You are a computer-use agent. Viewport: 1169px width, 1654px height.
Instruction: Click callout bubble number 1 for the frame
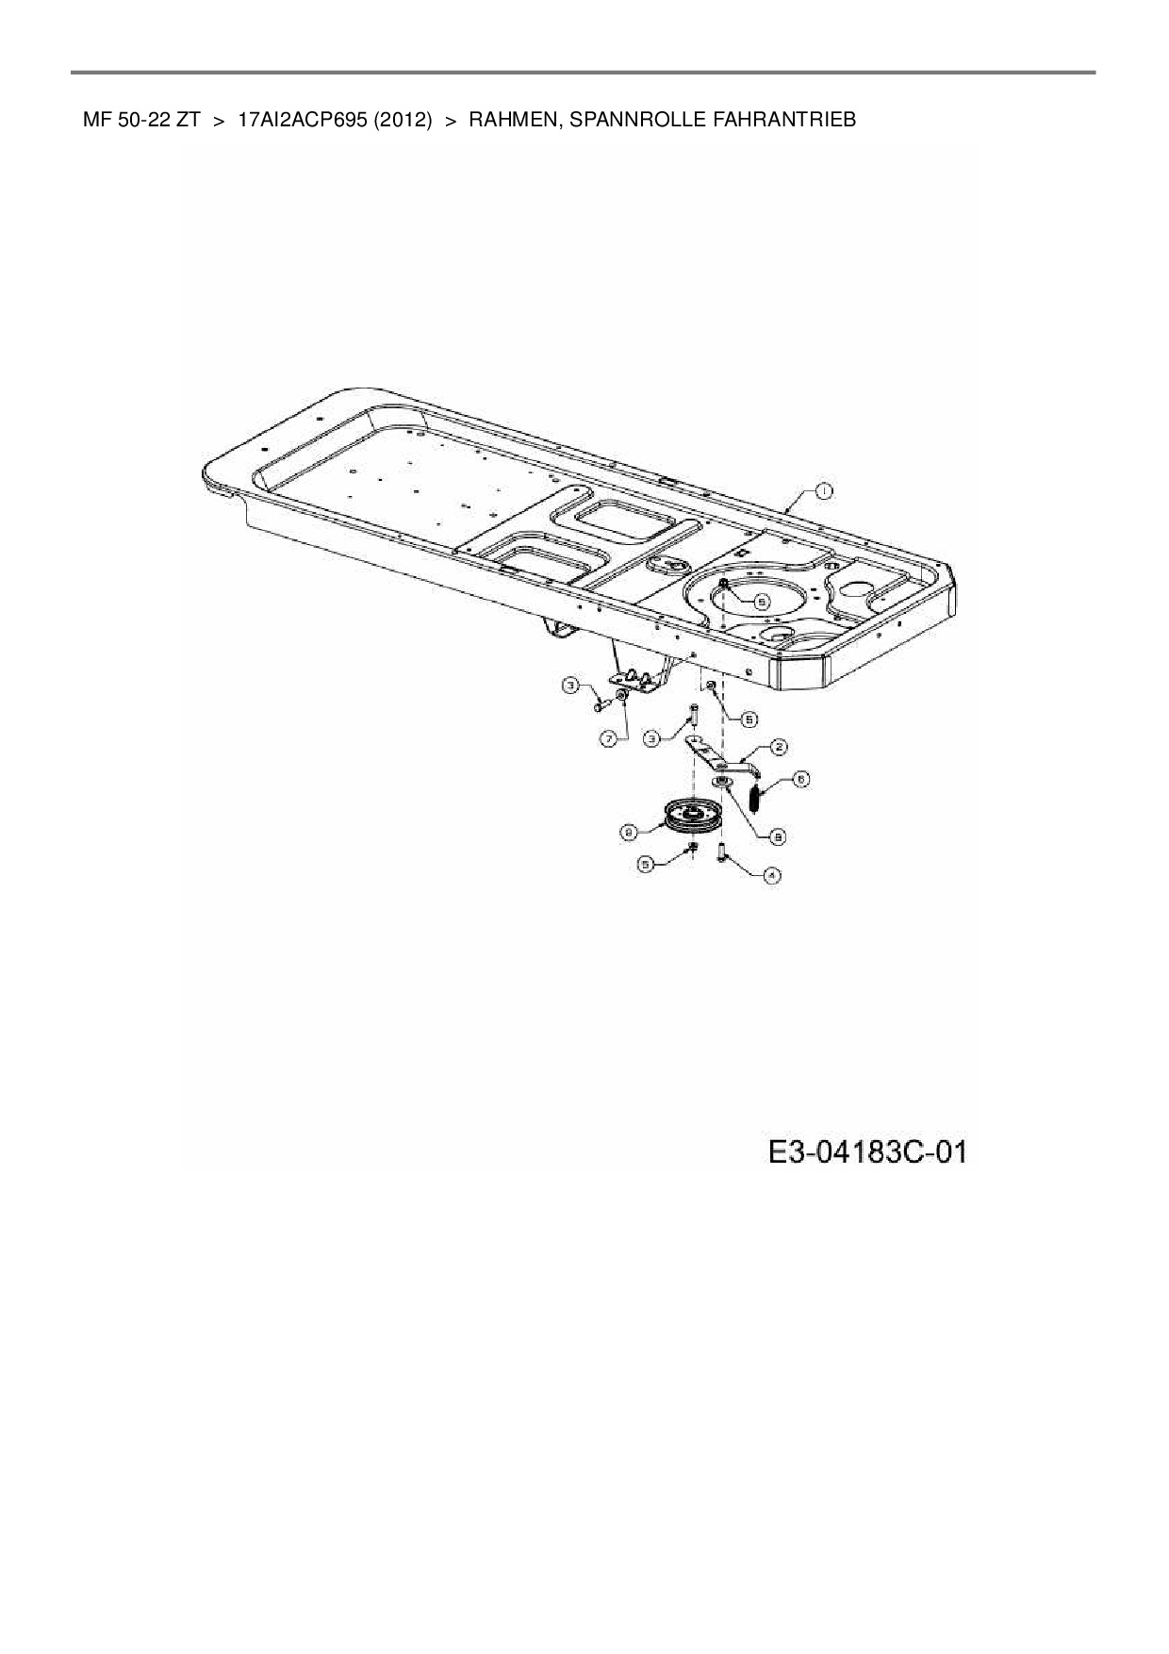click(823, 490)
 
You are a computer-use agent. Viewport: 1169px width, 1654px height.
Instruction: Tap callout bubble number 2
click(779, 747)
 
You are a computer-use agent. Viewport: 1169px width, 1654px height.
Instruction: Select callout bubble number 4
click(771, 875)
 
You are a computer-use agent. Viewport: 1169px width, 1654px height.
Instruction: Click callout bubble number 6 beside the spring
click(800, 780)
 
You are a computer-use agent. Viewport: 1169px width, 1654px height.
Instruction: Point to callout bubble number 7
click(609, 739)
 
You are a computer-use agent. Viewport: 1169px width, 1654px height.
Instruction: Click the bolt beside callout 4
click(721, 855)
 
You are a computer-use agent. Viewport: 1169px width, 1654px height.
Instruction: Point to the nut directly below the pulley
click(692, 850)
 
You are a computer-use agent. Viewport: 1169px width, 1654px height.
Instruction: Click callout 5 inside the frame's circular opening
click(762, 600)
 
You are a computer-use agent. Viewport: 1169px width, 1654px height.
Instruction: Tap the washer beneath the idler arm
click(722, 784)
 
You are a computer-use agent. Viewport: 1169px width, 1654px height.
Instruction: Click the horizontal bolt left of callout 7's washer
click(598, 703)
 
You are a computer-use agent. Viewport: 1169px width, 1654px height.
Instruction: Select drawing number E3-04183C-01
click(867, 1152)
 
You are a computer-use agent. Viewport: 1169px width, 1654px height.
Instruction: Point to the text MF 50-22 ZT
click(141, 120)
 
